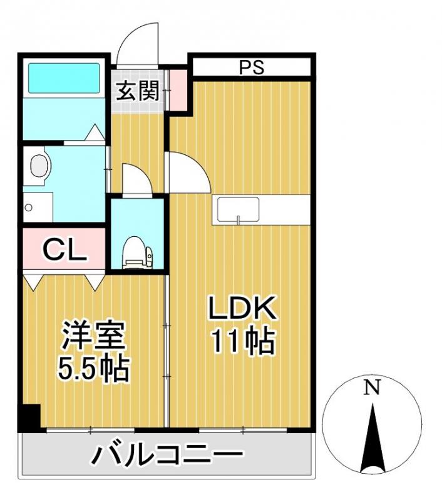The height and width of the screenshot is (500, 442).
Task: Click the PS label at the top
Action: tap(252, 67)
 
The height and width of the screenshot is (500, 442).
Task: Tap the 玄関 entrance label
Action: tap(138, 91)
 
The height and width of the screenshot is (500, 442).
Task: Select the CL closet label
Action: tap(65, 249)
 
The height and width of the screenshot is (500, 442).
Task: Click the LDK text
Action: tap(242, 307)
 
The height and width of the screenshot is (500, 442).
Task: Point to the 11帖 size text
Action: tap(244, 341)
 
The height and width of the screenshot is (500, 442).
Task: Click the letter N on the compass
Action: tap(372, 387)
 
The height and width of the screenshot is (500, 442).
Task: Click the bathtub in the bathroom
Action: tap(64, 77)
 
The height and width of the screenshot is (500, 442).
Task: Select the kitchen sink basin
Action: tap(239, 210)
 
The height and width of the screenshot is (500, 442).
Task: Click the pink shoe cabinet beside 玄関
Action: tap(178, 90)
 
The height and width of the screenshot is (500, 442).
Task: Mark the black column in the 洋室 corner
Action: tap(29, 417)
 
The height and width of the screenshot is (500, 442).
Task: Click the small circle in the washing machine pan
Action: tap(28, 208)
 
